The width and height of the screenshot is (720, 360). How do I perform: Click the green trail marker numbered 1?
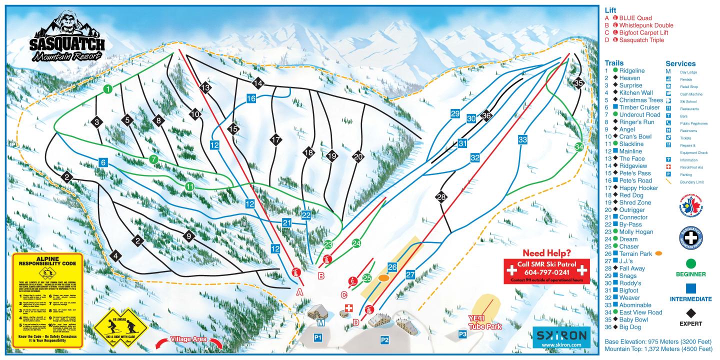pyautogui.click(x=107, y=89)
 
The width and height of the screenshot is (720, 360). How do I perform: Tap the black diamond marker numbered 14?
pyautogui.click(x=258, y=82)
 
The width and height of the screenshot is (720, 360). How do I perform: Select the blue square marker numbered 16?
pyautogui.click(x=251, y=98)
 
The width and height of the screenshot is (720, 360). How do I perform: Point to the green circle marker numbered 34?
pyautogui.click(x=579, y=147)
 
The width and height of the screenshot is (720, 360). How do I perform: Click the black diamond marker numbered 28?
pyautogui.click(x=441, y=197)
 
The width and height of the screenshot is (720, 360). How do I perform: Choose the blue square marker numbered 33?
pyautogui.click(x=522, y=139)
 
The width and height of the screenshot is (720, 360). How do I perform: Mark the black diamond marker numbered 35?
pyautogui.click(x=579, y=83)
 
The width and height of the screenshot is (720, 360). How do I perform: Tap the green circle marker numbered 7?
pyautogui.click(x=154, y=159)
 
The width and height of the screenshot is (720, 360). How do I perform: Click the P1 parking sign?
pyautogui.click(x=317, y=338)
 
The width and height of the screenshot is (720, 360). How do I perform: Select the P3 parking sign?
pyautogui.click(x=462, y=333)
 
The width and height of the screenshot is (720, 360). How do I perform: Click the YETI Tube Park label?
pyautogui.click(x=484, y=323)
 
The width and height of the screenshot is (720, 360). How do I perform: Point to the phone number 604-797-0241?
pyautogui.click(x=547, y=272)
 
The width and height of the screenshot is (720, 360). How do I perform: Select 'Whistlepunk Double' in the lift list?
pyautogui.click(x=646, y=25)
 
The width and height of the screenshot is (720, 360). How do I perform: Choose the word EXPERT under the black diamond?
pyautogui.click(x=690, y=323)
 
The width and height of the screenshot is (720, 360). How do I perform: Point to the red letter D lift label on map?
pyautogui.click(x=355, y=322)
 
